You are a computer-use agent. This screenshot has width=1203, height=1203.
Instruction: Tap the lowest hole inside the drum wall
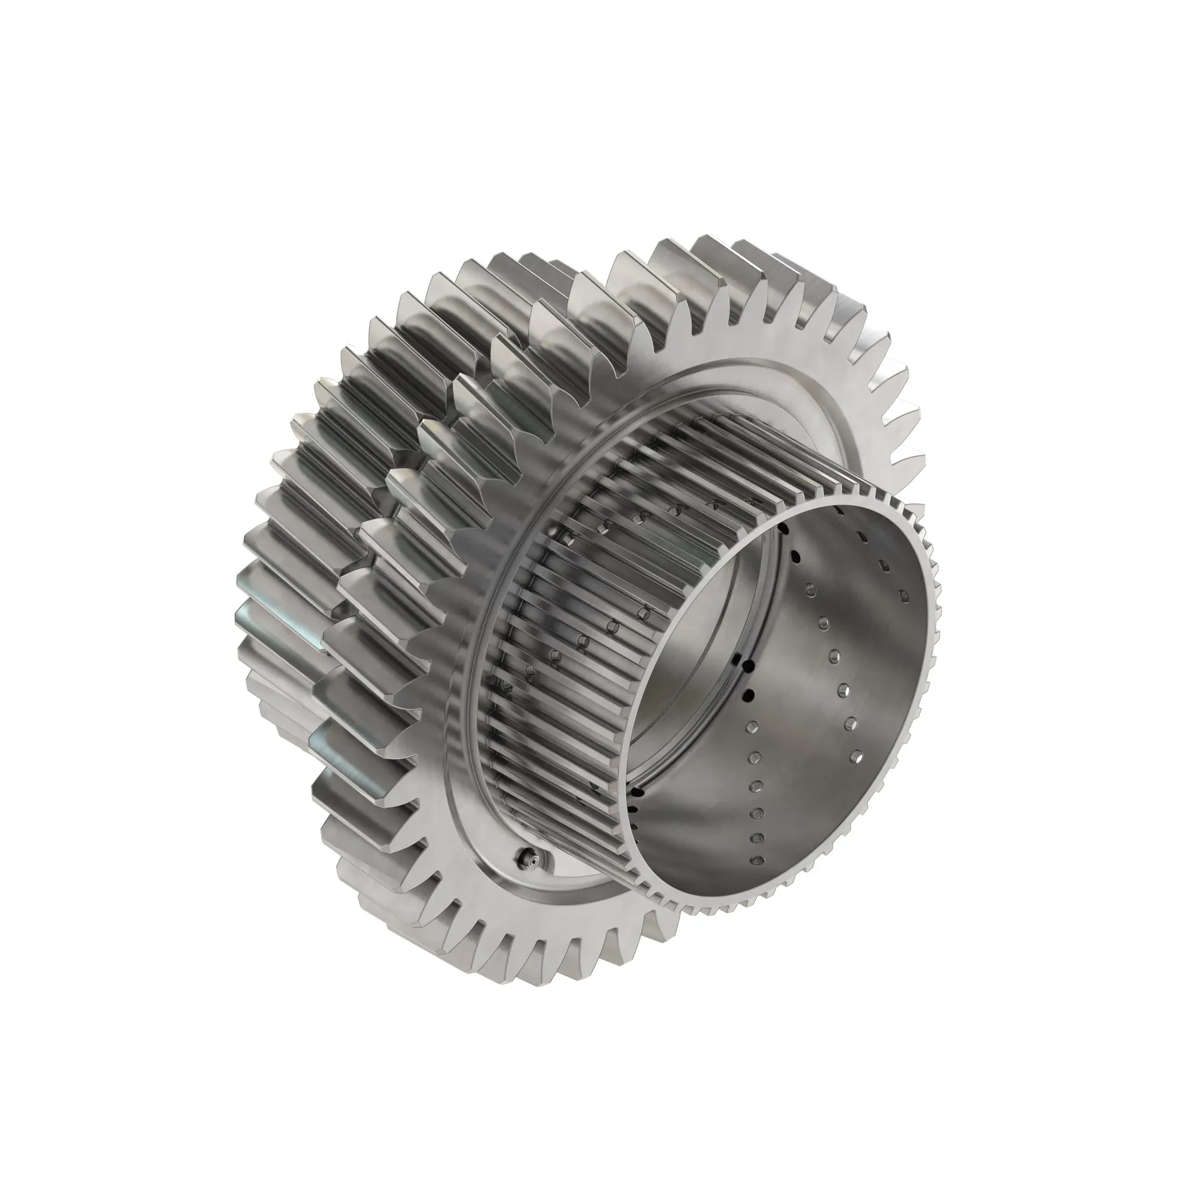pos(757,861)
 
